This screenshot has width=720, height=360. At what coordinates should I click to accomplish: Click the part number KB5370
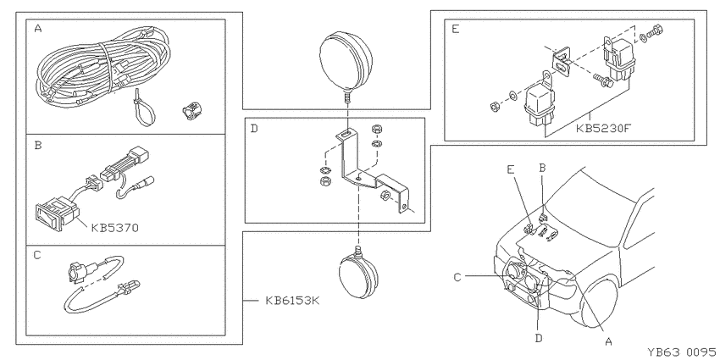tap(115, 227)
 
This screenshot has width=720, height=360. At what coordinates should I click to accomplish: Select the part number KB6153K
tap(292, 301)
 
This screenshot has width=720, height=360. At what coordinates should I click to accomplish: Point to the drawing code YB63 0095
tap(681, 352)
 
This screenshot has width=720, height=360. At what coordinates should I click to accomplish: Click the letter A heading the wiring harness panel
tap(38, 29)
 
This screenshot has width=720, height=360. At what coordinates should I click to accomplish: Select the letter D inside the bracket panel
tap(254, 128)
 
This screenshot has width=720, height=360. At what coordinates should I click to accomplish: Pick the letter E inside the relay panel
tap(455, 29)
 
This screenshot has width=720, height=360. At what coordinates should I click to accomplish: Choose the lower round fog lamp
tap(358, 274)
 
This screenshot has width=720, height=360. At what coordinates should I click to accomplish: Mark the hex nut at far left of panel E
tap(495, 108)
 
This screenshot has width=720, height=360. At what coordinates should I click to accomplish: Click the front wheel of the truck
tap(599, 300)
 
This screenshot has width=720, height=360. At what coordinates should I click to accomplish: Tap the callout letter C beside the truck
tap(457, 277)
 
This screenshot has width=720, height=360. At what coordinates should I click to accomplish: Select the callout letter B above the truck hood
tap(542, 168)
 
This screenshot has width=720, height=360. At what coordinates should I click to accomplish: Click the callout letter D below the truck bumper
tap(539, 339)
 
